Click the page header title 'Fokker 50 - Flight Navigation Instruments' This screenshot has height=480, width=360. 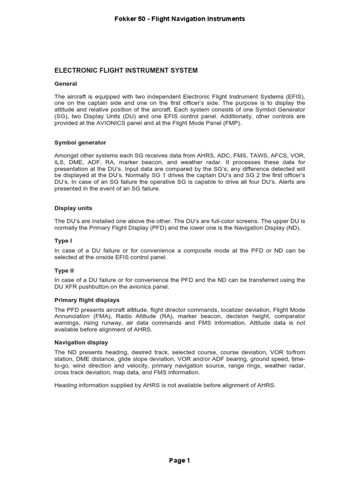pyautogui.click(x=180, y=19)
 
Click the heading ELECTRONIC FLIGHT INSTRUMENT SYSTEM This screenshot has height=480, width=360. pyautogui.click(x=126, y=70)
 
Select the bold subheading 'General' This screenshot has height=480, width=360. pyautogui.click(x=66, y=83)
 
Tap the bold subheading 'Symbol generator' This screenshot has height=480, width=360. pyautogui.click(x=80, y=142)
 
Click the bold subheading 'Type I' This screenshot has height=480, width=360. pyautogui.click(x=63, y=240)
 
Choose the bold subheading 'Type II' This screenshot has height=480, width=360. pyautogui.click(x=64, y=270)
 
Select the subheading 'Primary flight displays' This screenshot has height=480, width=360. pyautogui.click(x=87, y=300)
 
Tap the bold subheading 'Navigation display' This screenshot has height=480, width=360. pyautogui.click(x=81, y=342)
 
